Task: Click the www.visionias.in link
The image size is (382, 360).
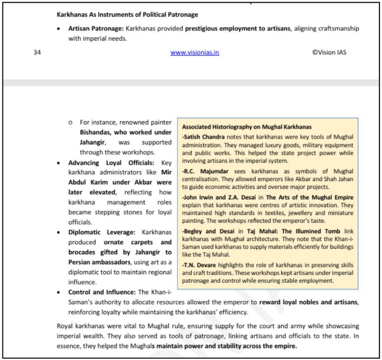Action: coord(195,53)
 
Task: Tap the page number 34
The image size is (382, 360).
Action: coord(37,53)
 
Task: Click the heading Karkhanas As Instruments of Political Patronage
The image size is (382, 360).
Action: coord(127,15)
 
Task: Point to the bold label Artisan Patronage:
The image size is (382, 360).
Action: coord(96,29)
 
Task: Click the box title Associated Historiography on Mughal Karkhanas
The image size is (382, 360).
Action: coord(247,127)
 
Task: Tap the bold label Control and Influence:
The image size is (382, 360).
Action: coord(102,292)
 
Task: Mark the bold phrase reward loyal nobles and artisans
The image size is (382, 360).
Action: coord(309,302)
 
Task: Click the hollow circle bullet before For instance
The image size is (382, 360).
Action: coord(70,122)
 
